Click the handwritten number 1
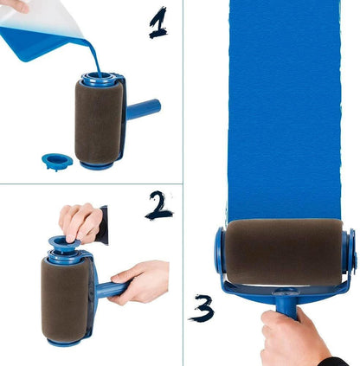(x=157, y=23)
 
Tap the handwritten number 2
(x=157, y=205)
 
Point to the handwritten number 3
(x=202, y=308)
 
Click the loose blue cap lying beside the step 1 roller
(x=56, y=161)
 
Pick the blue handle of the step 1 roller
(x=144, y=111)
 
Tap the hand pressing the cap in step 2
(x=80, y=222)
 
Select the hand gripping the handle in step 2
(x=141, y=282)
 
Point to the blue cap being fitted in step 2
(x=66, y=245)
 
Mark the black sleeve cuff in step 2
(x=103, y=224)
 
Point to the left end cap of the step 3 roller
(x=220, y=251)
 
